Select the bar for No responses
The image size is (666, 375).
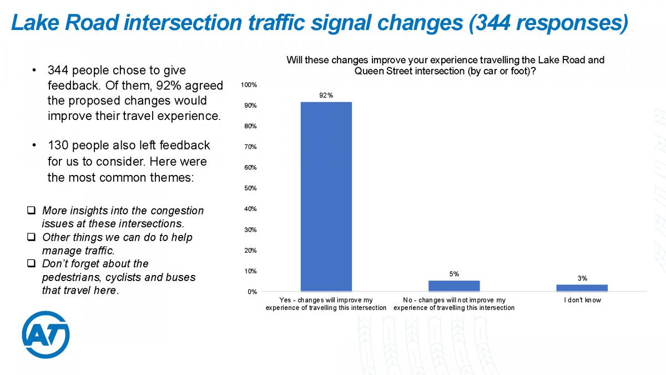click(x=454, y=286)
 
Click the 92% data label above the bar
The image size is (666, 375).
click(x=326, y=96)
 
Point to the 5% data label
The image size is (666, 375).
click(x=454, y=274)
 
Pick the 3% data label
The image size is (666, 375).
click(x=582, y=278)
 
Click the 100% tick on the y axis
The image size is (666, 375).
click(x=249, y=85)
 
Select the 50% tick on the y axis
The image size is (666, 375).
click(x=250, y=188)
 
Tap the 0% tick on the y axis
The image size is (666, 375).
click(x=252, y=292)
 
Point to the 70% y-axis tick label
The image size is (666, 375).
click(x=250, y=147)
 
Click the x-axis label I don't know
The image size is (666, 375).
click(x=582, y=301)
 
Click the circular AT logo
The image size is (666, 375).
click(x=46, y=334)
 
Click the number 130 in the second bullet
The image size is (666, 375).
click(x=58, y=146)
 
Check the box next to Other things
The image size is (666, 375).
click(x=31, y=237)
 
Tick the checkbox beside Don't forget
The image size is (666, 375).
click(x=31, y=263)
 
